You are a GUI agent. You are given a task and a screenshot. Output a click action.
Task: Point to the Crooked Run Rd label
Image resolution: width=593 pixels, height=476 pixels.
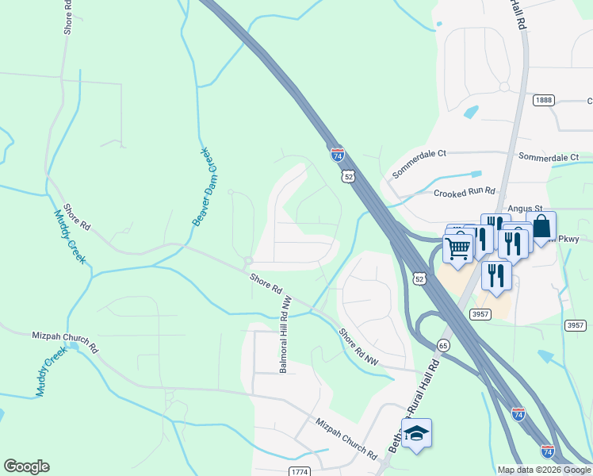(464, 192)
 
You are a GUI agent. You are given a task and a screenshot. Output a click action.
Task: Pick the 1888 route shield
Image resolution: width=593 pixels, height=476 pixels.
(543, 99)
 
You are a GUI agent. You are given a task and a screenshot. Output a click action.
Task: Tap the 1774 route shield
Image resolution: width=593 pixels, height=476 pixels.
(298, 471)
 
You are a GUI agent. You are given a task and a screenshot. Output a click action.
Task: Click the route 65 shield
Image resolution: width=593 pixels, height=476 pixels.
(442, 344)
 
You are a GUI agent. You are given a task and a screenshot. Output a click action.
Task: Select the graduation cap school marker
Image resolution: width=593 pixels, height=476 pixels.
(416, 433)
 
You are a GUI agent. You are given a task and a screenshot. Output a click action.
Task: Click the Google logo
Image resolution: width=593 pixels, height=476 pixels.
(26, 466)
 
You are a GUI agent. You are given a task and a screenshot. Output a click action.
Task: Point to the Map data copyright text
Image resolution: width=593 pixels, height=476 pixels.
(544, 470)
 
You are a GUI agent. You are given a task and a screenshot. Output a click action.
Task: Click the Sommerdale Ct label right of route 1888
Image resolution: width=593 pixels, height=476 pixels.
(549, 157)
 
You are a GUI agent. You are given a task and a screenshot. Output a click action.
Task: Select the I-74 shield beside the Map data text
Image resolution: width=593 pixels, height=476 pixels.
(547, 451)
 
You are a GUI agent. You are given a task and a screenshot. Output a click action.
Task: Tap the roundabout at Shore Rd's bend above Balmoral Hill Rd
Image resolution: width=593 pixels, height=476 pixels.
(248, 260)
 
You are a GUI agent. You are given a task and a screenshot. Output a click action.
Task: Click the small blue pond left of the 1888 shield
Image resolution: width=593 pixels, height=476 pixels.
(470, 112)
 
